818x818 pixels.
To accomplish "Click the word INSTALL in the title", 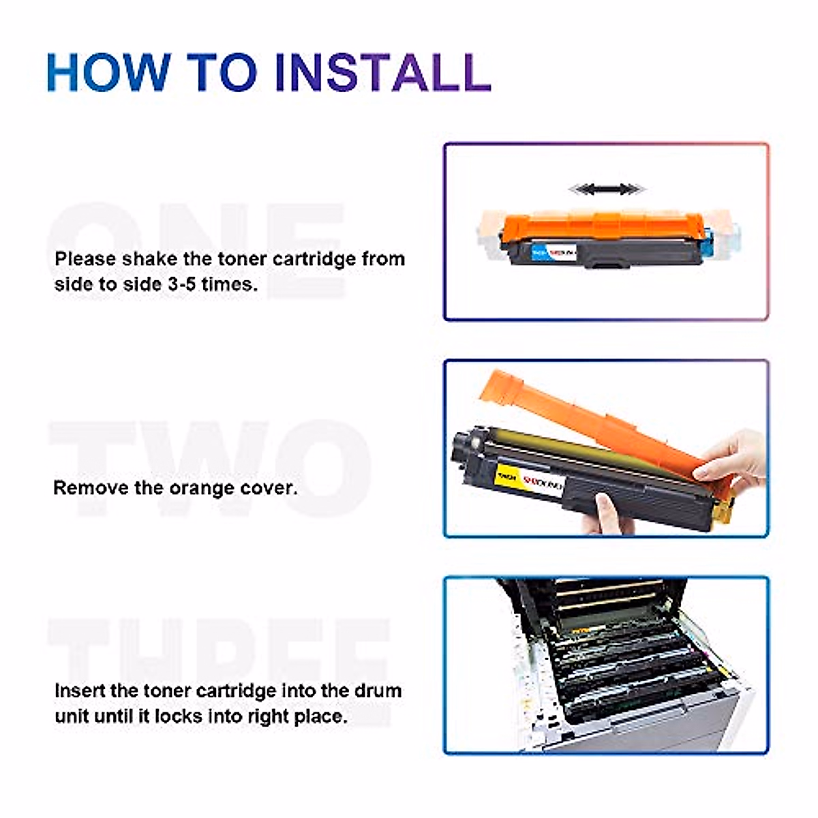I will pyautogui.click(x=382, y=72).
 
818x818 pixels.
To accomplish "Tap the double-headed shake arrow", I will pyautogui.click(x=607, y=189).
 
